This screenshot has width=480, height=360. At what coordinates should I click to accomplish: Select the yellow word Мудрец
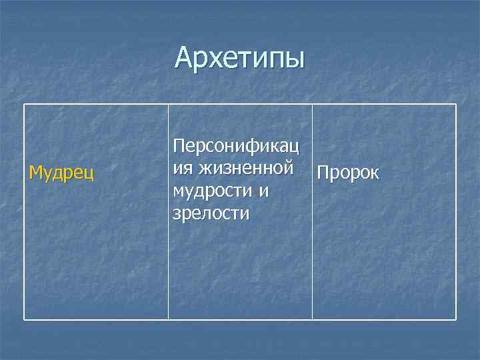pyautogui.click(x=61, y=173)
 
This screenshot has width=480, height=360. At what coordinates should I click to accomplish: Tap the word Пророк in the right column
pyautogui.click(x=348, y=173)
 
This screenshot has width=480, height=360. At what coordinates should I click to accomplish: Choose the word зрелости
pyautogui.click(x=211, y=213)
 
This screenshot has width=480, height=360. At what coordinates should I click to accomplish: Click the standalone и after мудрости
pyautogui.click(x=264, y=191)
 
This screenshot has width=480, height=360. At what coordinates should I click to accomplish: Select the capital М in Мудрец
pyautogui.click(x=35, y=173)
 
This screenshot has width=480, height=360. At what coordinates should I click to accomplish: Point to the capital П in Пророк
pyautogui.click(x=323, y=173)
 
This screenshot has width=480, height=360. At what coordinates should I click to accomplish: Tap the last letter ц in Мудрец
pyautogui.click(x=89, y=175)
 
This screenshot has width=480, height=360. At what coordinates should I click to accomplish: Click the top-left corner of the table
pyautogui.click(x=25, y=105)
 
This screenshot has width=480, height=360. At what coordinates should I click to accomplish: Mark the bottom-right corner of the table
pyautogui.click(x=456, y=320)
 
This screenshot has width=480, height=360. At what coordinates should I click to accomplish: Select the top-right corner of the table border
pyautogui.click(x=456, y=105)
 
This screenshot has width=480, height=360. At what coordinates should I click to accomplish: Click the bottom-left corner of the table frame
pyautogui.click(x=25, y=320)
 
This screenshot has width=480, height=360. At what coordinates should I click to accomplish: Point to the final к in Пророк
pyautogui.click(x=375, y=175)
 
